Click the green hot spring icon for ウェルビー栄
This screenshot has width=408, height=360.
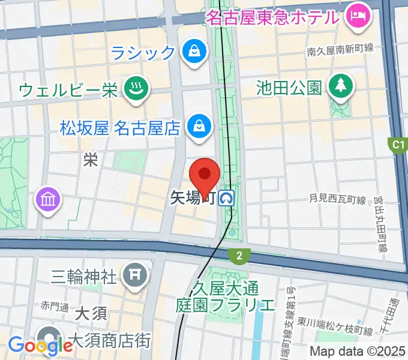point(136,90)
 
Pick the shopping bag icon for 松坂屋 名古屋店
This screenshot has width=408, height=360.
point(198,127)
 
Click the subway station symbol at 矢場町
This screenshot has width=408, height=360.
point(227,197)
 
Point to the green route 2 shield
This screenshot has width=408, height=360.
point(239,256)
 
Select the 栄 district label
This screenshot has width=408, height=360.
point(91,160)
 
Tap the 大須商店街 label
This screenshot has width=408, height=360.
point(110,341)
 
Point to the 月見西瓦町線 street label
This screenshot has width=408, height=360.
point(337,198)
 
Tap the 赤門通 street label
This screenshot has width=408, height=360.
point(55,305)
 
